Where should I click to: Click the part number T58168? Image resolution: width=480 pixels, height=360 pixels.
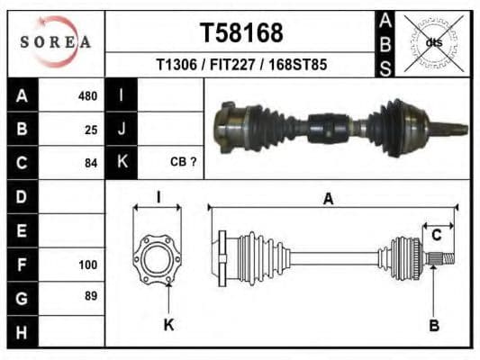point(240,33)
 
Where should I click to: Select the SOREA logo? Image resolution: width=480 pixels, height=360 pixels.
point(56,41)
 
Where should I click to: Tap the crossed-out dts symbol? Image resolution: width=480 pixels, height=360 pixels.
point(432,42)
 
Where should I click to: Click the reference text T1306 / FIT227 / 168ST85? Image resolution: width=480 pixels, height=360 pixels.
point(240,66)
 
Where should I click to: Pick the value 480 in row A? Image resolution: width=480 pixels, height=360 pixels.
point(87,95)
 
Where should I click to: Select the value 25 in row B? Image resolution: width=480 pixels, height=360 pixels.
point(90,129)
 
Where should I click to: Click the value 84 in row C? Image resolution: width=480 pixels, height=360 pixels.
point(90,163)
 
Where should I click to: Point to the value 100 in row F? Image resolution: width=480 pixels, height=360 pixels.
point(87,265)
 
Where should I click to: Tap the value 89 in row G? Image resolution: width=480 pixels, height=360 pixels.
point(90,296)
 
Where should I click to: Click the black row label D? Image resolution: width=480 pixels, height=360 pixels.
point(23,195)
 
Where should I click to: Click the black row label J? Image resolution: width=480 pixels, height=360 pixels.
point(122,129)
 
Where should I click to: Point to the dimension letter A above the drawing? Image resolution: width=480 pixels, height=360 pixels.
point(328,199)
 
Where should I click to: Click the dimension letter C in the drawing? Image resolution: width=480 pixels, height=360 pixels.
point(436,236)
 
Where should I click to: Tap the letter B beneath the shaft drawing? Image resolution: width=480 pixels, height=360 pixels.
point(434,325)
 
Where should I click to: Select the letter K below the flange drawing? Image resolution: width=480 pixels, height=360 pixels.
point(168,325)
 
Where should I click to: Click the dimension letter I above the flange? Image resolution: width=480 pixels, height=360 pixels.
point(158,197)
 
